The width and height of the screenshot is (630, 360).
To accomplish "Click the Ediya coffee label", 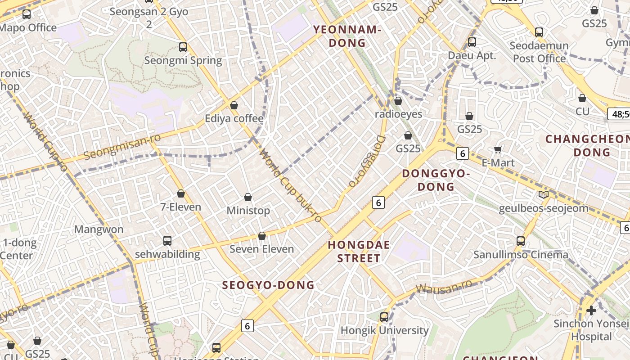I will click(x=234, y=118).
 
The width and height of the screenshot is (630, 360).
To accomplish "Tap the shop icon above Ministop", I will click(x=248, y=197).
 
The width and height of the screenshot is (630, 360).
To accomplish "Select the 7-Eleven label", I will click(x=180, y=207).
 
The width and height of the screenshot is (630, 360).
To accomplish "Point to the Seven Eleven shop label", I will click(x=261, y=249).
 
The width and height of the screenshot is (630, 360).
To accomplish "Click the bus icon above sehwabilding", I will click(x=167, y=241).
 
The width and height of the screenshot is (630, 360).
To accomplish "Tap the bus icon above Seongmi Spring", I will click(x=183, y=47).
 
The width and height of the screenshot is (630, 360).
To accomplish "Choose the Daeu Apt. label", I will click(x=472, y=55).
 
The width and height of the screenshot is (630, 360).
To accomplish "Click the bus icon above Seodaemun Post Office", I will click(x=539, y=32).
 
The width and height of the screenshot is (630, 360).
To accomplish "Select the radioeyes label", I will click(x=399, y=114).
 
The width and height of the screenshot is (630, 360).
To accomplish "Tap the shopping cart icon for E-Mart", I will click(x=498, y=149).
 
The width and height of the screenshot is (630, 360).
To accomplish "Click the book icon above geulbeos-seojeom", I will click(x=544, y=195).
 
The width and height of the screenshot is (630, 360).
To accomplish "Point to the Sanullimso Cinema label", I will click(x=521, y=255).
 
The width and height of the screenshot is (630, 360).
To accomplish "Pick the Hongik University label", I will click(x=384, y=330).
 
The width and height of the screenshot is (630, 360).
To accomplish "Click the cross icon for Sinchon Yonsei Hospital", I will click(x=591, y=310).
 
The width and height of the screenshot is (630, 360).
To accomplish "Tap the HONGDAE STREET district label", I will click(x=359, y=252).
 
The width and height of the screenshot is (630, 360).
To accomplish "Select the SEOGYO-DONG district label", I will click(x=268, y=285).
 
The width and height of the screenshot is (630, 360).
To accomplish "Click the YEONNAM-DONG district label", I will click(x=347, y=36).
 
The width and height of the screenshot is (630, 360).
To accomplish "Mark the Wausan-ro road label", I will click(x=444, y=286).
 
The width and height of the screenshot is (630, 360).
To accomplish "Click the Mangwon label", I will click(x=99, y=229).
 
